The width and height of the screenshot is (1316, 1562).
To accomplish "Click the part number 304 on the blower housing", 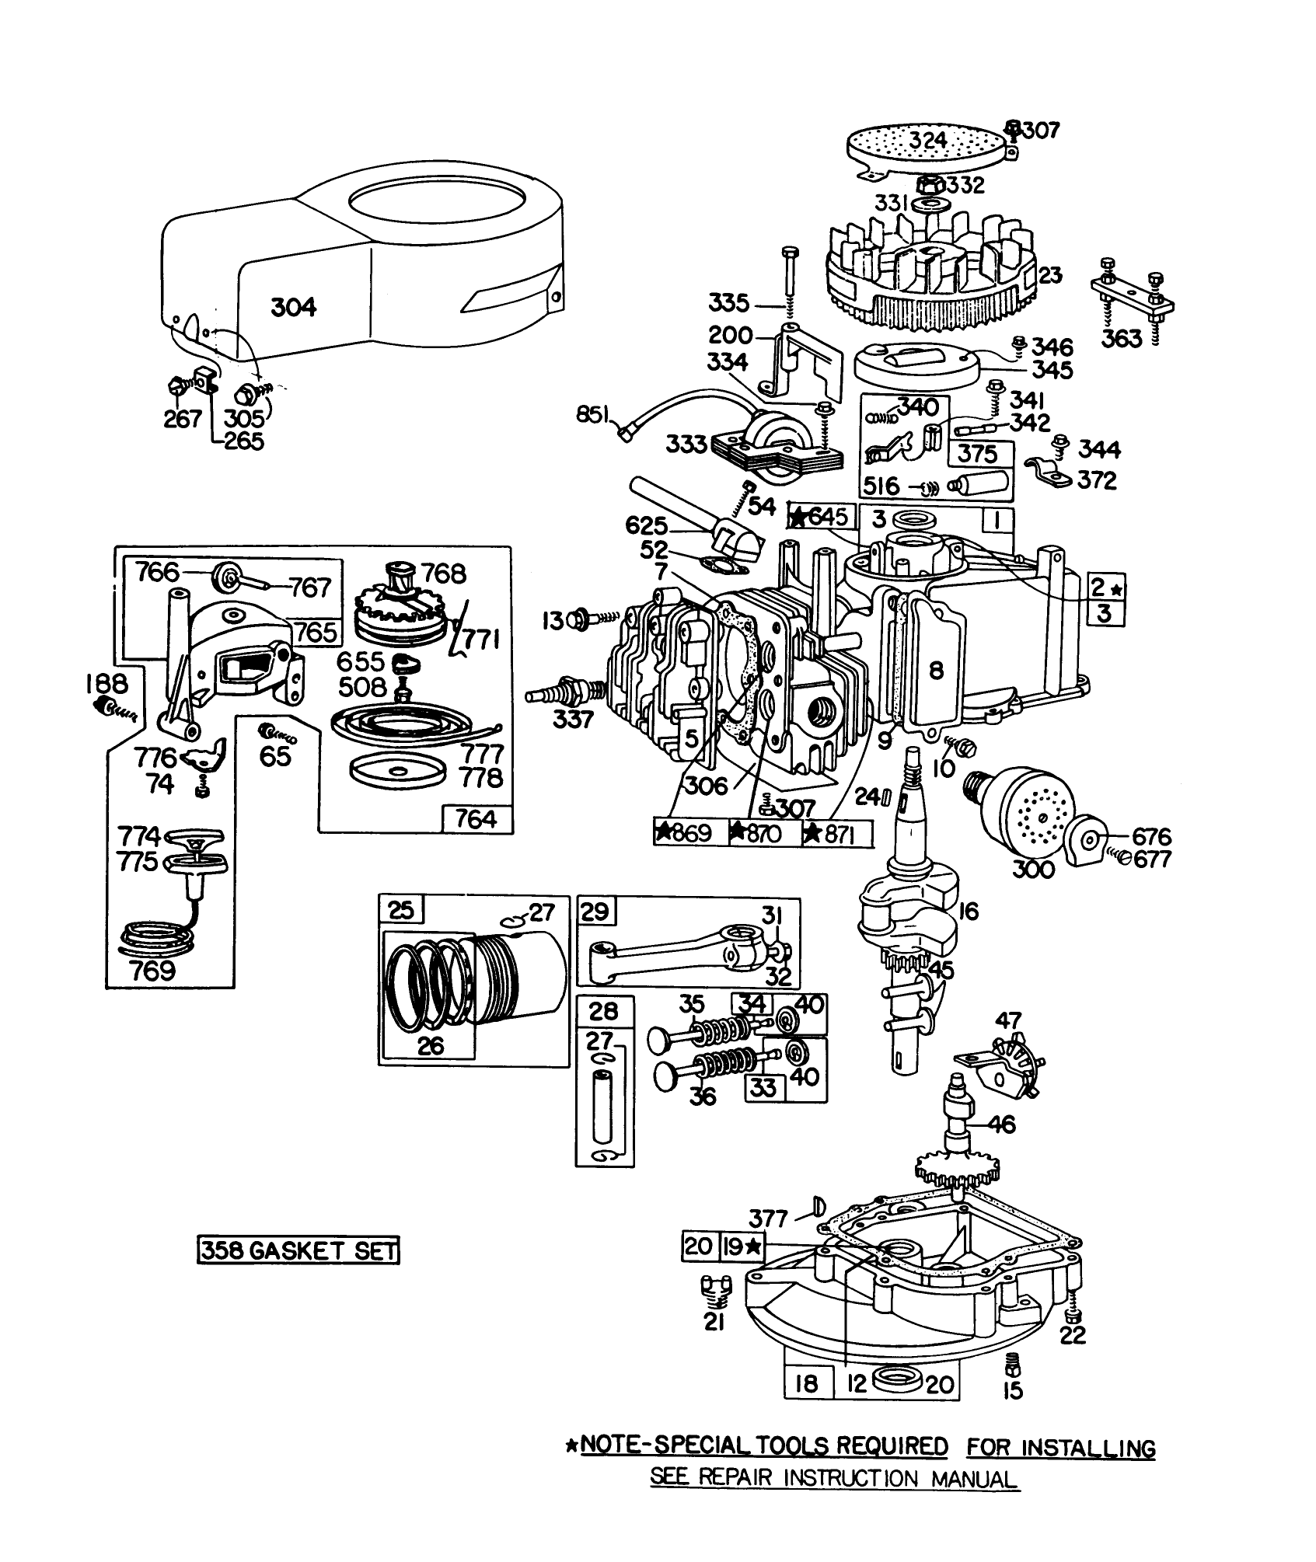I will (294, 308).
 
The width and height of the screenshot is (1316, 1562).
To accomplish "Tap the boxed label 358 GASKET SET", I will (298, 1250).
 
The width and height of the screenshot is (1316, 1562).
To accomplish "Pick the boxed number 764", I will (476, 819).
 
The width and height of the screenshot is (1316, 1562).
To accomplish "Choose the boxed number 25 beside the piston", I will (401, 910).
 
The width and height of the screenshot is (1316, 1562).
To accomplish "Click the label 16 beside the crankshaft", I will (969, 911).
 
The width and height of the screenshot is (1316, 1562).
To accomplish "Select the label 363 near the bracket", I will (1122, 340).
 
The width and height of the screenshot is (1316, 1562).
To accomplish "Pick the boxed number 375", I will (976, 453).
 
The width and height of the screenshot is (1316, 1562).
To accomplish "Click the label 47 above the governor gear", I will (1010, 1020).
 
